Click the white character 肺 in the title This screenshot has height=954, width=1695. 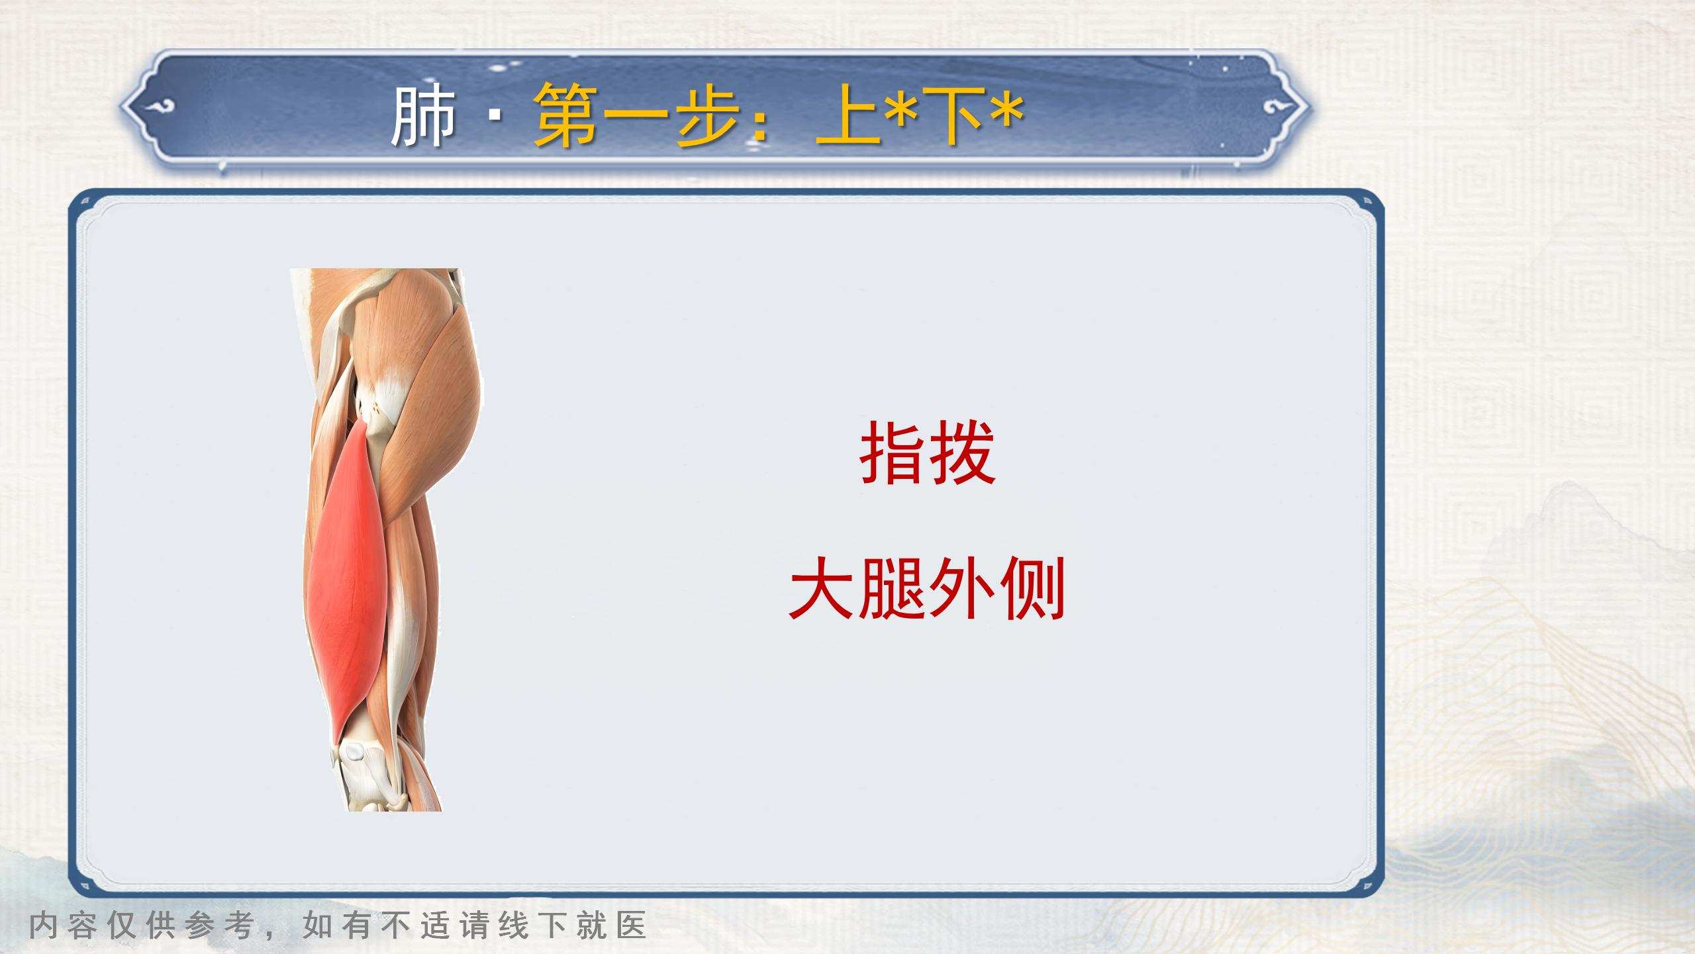(424, 117)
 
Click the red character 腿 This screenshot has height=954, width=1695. (892, 588)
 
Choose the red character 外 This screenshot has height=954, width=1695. (961, 588)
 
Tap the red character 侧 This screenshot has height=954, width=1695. (1031, 588)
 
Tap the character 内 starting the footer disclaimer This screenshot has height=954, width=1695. (44, 926)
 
